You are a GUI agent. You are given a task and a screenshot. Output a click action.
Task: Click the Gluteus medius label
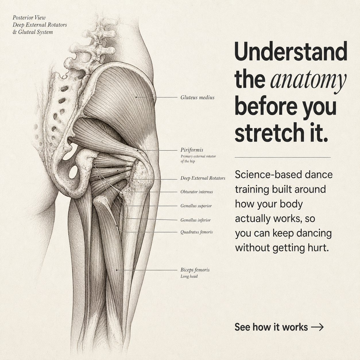(197, 97)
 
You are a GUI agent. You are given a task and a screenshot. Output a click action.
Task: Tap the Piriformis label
(192, 150)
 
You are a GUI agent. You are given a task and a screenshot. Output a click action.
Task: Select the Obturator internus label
(197, 192)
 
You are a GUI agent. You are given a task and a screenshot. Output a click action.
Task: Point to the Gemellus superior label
(196, 206)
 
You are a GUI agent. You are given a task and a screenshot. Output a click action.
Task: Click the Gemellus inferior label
(196, 220)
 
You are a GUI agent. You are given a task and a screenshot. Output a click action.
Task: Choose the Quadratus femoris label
(197, 232)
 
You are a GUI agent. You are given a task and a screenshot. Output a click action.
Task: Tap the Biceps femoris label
(195, 270)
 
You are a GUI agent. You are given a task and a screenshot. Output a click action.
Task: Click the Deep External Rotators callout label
(203, 178)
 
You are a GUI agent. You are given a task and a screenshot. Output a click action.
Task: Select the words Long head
(189, 276)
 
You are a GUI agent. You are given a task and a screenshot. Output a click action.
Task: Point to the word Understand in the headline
(291, 51)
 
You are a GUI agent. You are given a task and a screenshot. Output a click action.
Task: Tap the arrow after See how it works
(317, 327)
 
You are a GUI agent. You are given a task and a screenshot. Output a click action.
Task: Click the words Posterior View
(29, 18)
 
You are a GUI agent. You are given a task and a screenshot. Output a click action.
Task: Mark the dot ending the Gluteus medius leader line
(136, 97)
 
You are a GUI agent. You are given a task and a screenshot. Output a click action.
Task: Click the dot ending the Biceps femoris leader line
(117, 270)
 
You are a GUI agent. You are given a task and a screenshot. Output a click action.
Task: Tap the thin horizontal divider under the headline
(283, 158)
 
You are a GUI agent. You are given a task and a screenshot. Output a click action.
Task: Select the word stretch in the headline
(267, 132)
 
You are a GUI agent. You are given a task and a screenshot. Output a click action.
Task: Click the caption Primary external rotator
(198, 156)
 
